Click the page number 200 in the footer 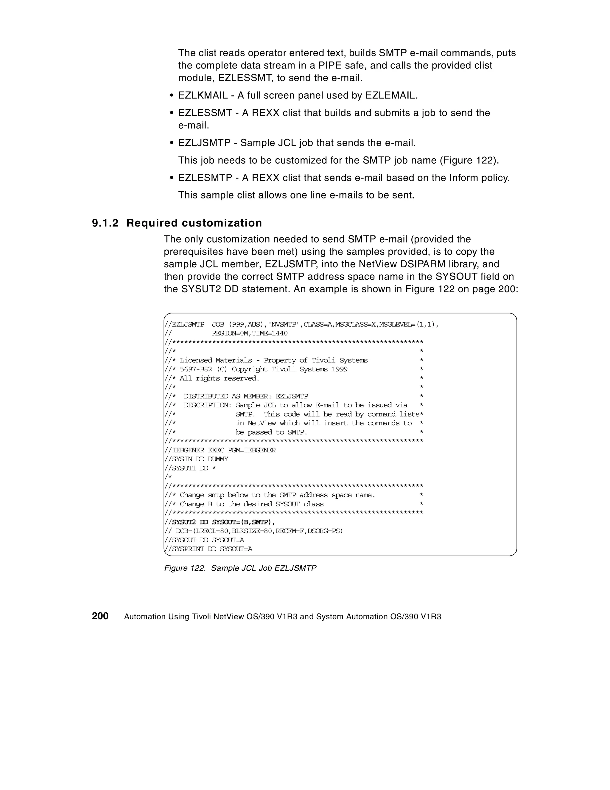point(100,616)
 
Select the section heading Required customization point(194,223)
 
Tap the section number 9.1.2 point(105,223)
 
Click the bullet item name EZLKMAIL point(203,95)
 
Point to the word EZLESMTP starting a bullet point(205,178)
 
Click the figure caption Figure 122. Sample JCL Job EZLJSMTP point(240,568)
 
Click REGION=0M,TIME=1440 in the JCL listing point(250,333)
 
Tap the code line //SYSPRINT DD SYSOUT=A point(208,549)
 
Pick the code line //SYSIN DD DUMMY point(196,459)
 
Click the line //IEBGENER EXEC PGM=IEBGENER point(220,450)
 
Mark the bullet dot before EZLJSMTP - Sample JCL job point(172,143)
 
